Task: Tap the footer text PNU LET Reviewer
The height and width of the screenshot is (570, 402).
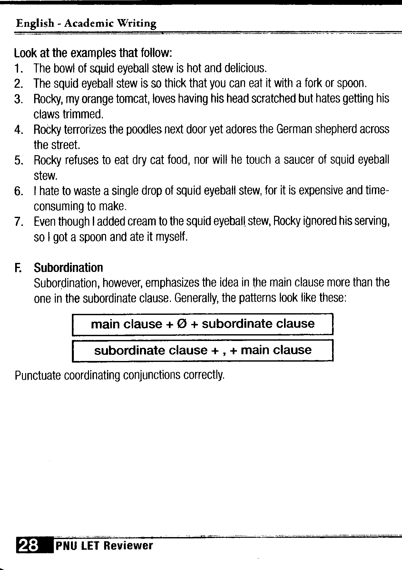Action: pyautogui.click(x=104, y=545)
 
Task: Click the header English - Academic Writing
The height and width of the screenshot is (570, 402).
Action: pyautogui.click(x=86, y=24)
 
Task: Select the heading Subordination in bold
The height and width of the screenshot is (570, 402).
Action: pyautogui.click(x=68, y=268)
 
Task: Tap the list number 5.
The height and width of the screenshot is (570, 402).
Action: pyautogui.click(x=18, y=160)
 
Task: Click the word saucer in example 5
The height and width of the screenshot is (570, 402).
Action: pyautogui.click(x=298, y=160)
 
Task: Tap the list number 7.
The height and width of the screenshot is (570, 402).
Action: pyautogui.click(x=18, y=222)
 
